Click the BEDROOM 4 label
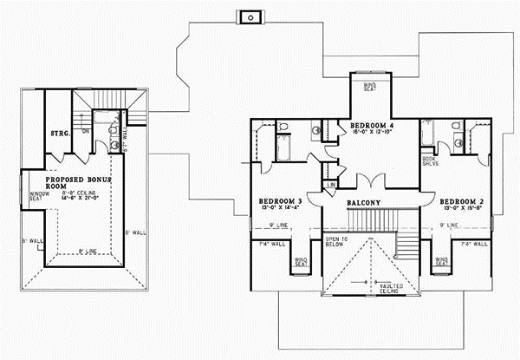(x=372, y=127)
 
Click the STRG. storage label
(x=59, y=134)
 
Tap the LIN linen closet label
(x=332, y=186)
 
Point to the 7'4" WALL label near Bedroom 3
(x=272, y=245)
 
